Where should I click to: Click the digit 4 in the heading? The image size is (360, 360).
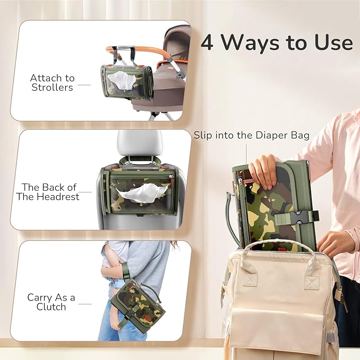point(208,43)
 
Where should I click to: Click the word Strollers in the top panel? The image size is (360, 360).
point(52,88)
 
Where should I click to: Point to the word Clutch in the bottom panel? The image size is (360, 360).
point(51,308)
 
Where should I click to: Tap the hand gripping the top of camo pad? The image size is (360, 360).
point(263,171)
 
